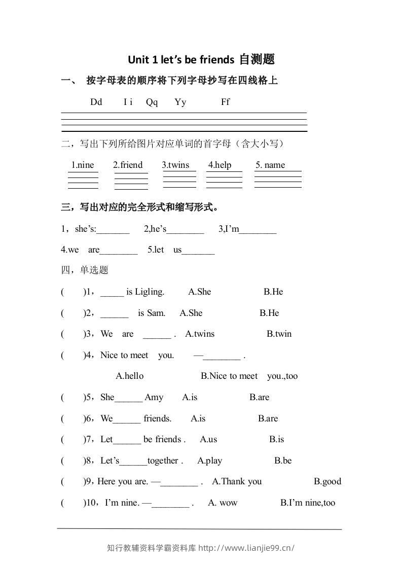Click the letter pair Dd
pyautogui.click(x=96, y=102)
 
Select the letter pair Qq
pyautogui.click(x=152, y=102)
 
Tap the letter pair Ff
pyautogui.click(x=226, y=102)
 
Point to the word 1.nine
pyautogui.click(x=83, y=165)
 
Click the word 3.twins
pyautogui.click(x=175, y=165)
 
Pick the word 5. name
pyautogui.click(x=270, y=165)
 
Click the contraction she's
pyautogui.click(x=85, y=229)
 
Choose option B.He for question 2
pyautogui.click(x=269, y=313)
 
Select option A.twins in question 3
pyautogui.click(x=200, y=334)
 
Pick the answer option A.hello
pyautogui.click(x=130, y=376)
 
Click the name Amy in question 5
pyautogui.click(x=154, y=397)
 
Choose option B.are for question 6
pyautogui.click(x=268, y=418)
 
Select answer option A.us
pyautogui.click(x=208, y=439)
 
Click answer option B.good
pyautogui.click(x=327, y=481)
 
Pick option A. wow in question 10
pyautogui.click(x=223, y=503)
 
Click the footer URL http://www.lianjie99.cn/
pyautogui.click(x=246, y=548)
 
